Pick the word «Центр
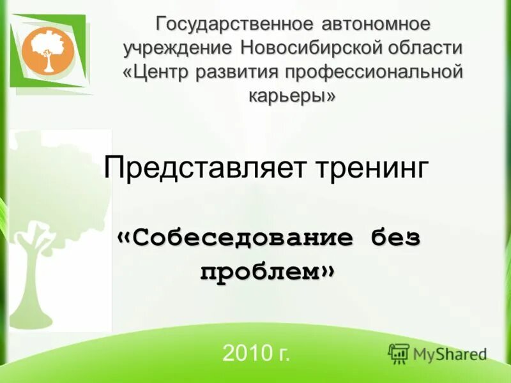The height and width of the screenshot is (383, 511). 155,71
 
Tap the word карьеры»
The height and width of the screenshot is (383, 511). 291,95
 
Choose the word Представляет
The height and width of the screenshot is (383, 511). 206,169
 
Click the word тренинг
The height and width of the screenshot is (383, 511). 371,169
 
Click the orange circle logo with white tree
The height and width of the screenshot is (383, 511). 48,50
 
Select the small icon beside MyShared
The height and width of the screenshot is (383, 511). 399,353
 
